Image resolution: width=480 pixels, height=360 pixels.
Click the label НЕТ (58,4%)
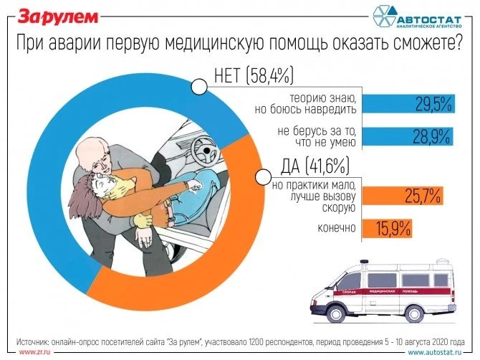[255, 74]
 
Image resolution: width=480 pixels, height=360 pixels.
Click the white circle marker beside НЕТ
[200, 87]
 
